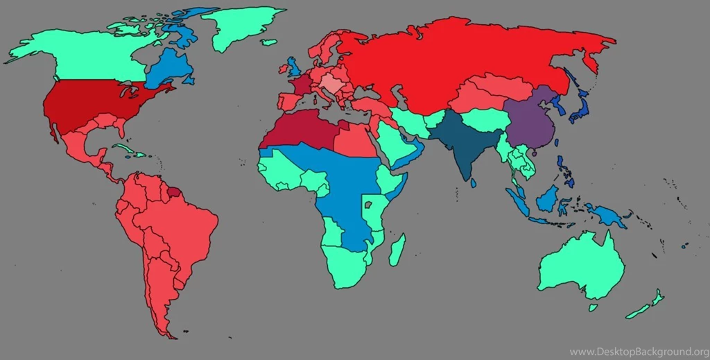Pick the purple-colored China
[530, 125]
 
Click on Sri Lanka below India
[473, 183]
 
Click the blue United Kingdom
[293, 68]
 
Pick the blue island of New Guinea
[606, 215]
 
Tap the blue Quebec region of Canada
[166, 69]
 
